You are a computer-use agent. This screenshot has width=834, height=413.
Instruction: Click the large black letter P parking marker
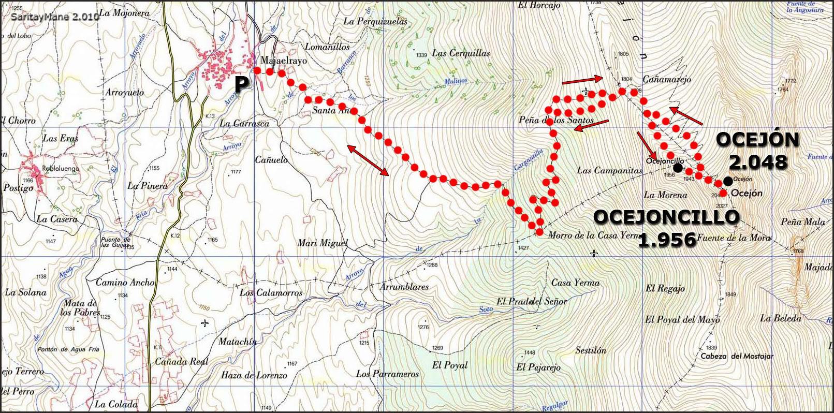click(241, 84)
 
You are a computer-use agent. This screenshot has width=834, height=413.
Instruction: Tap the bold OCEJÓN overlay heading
click(757, 140)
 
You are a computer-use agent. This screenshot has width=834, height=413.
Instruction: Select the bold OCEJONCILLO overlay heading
click(666, 217)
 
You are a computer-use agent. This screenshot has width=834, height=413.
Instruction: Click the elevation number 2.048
click(758, 162)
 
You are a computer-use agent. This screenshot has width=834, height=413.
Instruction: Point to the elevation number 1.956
click(667, 240)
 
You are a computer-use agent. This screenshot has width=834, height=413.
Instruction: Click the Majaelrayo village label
click(284, 61)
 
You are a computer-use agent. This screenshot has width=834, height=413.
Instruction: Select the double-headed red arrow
click(368, 160)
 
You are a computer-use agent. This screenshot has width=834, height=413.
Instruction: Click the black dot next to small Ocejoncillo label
click(678, 168)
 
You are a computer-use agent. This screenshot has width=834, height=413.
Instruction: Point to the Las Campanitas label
click(609, 170)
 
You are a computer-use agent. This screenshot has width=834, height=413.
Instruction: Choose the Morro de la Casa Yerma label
click(594, 235)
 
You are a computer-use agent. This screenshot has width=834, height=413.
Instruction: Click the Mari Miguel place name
click(323, 243)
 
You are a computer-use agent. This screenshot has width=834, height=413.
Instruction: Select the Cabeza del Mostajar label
click(737, 356)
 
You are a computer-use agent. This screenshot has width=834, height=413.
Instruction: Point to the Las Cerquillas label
click(461, 53)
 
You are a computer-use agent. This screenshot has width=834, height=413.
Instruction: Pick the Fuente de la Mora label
click(734, 238)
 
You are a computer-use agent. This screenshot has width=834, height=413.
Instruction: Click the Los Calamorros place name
click(271, 293)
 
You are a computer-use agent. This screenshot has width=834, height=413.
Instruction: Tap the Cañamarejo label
click(667, 80)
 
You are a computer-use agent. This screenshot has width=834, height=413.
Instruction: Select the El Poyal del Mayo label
click(682, 320)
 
